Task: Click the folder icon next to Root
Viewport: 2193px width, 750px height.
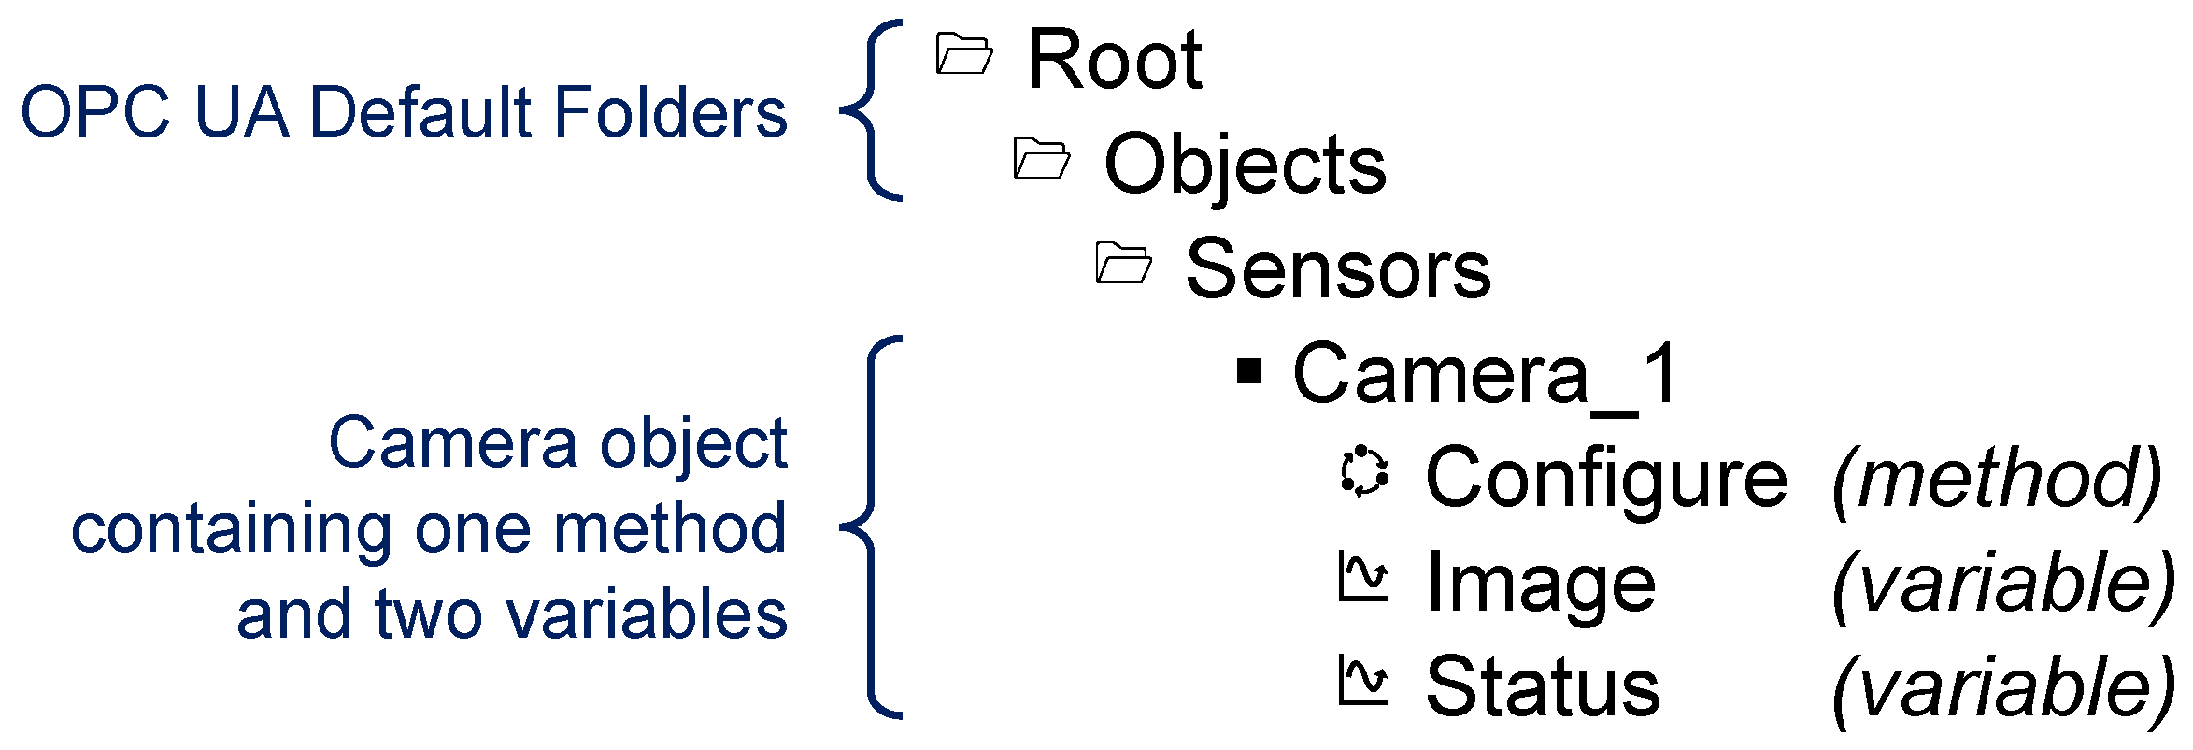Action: coord(963,54)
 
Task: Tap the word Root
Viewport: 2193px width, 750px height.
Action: coord(1114,60)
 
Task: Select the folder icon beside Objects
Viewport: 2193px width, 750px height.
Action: coord(1041,159)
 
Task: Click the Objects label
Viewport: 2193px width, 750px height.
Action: coord(1244,166)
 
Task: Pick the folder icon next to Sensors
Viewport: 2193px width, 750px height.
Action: coord(1123,263)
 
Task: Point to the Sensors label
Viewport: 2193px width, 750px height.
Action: coord(1337,270)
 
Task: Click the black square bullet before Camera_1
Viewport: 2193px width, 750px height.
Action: coord(1249,372)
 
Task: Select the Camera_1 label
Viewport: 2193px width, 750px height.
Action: coord(1486,375)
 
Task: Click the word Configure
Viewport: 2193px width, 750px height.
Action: coord(1605,479)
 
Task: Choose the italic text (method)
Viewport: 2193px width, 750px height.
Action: coord(1997,479)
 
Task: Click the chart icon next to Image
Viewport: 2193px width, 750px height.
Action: coord(1364,577)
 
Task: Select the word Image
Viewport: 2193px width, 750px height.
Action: coord(1541,584)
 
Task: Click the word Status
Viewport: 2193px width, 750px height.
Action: coord(1543,687)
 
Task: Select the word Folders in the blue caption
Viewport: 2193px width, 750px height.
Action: coord(671,113)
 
